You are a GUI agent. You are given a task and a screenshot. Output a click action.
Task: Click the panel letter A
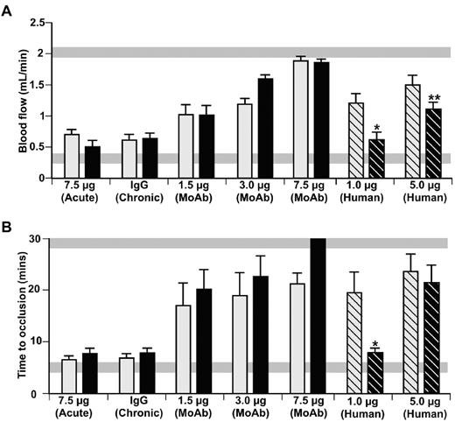(8, 8)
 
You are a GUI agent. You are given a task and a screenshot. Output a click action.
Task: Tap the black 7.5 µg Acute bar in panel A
(93, 162)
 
